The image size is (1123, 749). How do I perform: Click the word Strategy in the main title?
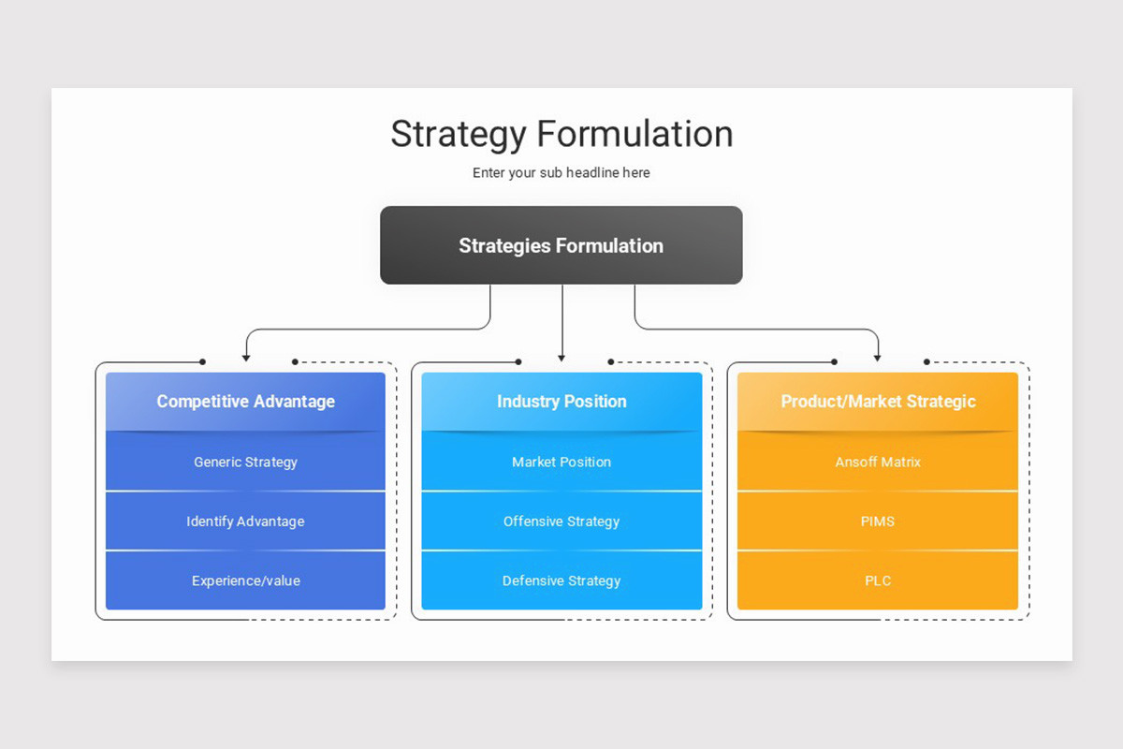coord(459,134)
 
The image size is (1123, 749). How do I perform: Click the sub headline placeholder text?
coord(561,173)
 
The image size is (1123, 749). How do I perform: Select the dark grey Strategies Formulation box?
coord(561,245)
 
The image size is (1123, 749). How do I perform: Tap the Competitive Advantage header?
coord(245,402)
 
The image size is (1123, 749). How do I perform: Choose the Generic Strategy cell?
coord(245,462)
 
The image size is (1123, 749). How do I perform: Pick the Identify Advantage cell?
coord(245,521)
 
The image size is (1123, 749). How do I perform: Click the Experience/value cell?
coord(245,580)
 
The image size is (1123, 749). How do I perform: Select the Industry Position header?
coord(561,402)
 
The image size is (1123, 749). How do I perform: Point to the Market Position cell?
coord(561,462)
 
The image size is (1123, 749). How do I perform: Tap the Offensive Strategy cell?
coord(561,521)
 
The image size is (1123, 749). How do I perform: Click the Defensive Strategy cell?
coord(561,580)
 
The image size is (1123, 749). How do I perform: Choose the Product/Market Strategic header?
coord(878,402)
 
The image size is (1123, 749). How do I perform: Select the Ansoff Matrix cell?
coord(878,462)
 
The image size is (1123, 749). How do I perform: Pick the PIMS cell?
coord(878,521)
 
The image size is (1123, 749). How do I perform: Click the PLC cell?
coord(878,580)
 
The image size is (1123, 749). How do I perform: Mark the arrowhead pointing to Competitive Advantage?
coord(246,357)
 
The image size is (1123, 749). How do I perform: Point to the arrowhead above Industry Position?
coord(561,357)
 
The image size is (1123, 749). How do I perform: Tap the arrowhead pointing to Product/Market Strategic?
coord(878,357)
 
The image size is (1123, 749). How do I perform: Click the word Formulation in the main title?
coord(634,134)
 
